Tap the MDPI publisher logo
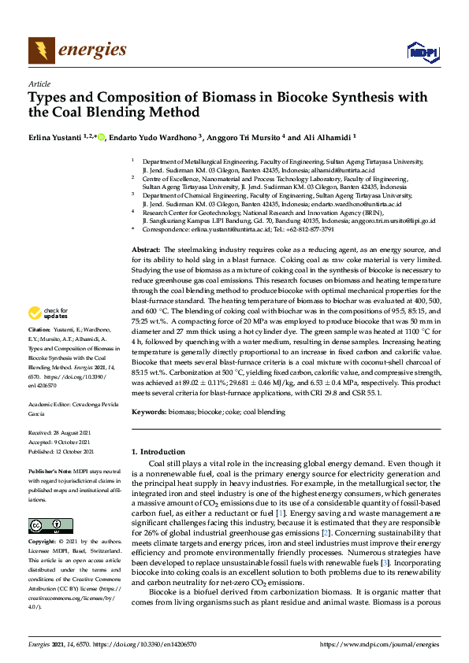[422, 53]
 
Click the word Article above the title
[39, 83]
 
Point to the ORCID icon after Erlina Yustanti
[101, 135]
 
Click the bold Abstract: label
[146, 249]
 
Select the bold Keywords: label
[148, 412]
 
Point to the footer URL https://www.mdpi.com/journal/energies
[378, 644]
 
